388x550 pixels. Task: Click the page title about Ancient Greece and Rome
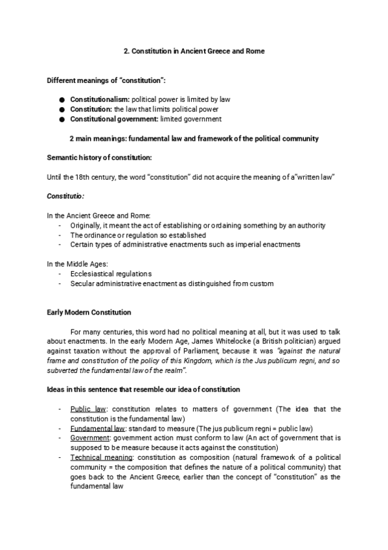pyautogui.click(x=194, y=50)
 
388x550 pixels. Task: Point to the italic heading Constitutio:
pyautogui.click(x=65, y=196)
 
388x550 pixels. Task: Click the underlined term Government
pyautogui.click(x=91, y=438)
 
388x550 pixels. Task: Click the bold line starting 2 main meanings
pyautogui.click(x=194, y=139)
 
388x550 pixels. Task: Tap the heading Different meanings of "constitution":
pyautogui.click(x=106, y=80)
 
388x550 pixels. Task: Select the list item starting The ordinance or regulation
pyautogui.click(x=138, y=235)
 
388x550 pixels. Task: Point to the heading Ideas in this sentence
pyautogui.click(x=143, y=389)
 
